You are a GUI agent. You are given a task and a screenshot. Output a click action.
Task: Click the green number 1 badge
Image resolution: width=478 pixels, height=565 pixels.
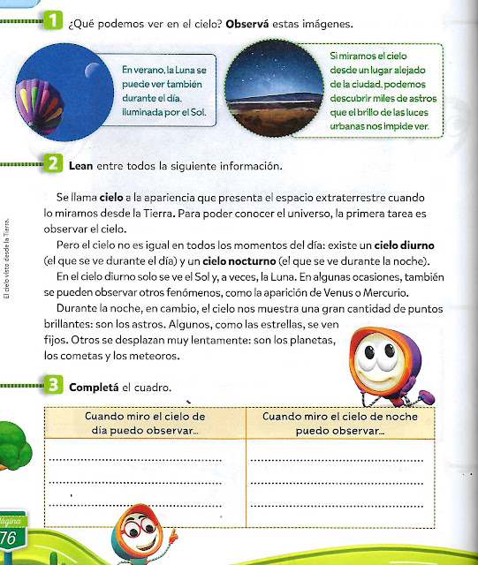point(53,19)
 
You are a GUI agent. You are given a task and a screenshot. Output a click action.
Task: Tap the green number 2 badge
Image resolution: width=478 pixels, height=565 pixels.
point(53,165)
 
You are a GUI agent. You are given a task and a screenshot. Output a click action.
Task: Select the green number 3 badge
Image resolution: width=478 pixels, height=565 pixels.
point(53,387)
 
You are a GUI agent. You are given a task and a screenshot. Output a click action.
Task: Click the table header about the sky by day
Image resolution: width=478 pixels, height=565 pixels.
point(144,423)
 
